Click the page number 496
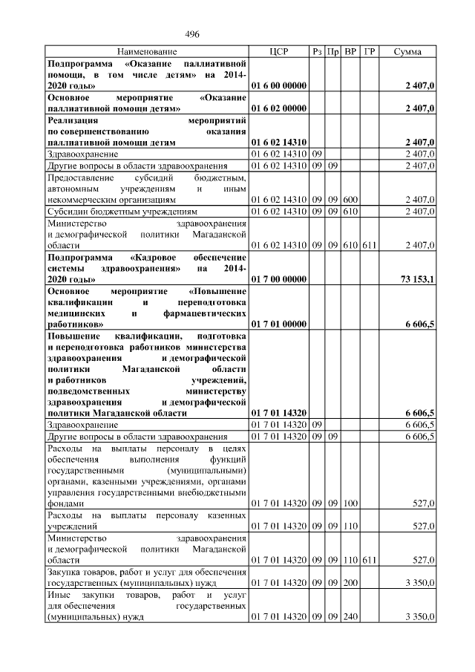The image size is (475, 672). pyautogui.click(x=192, y=34)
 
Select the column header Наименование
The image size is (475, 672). pyautogui.click(x=147, y=52)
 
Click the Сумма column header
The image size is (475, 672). pyautogui.click(x=407, y=52)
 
